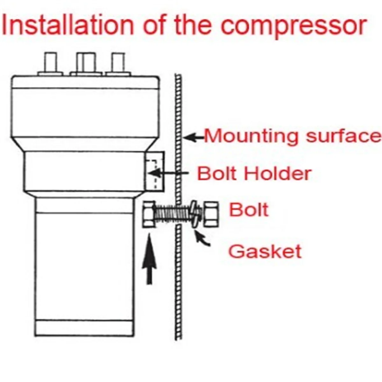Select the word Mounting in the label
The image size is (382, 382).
coord(251,136)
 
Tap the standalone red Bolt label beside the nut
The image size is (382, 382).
coord(249,210)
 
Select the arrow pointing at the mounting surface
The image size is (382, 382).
coord(194,138)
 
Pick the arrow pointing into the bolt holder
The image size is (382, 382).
coord(169,173)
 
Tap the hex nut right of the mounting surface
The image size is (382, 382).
coord(211,214)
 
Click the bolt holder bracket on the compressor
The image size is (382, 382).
coord(155,171)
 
